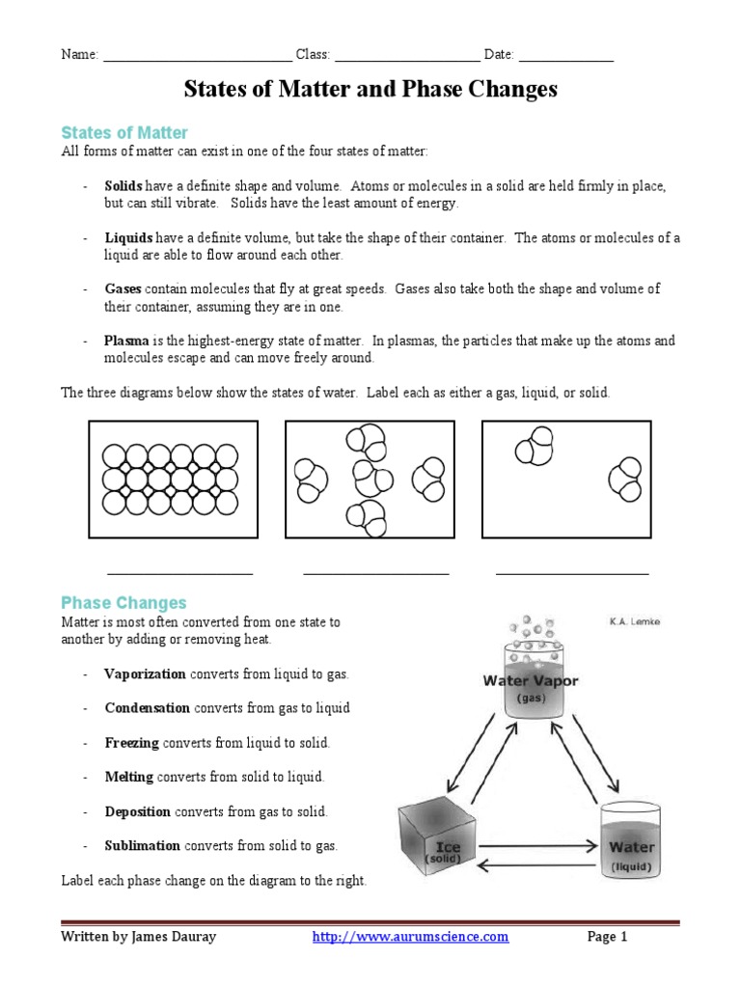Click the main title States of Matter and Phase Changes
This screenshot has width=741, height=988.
click(x=370, y=90)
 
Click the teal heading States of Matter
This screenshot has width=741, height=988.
click(x=123, y=132)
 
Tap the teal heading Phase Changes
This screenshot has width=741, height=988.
click(x=123, y=603)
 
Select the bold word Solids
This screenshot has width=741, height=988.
click(x=123, y=185)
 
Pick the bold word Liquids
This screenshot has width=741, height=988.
click(x=128, y=238)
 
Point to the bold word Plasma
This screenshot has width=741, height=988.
click(x=126, y=341)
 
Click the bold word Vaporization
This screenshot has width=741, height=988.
click(x=146, y=673)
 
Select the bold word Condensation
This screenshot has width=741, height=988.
click(x=148, y=707)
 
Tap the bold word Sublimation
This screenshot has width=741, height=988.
click(x=143, y=845)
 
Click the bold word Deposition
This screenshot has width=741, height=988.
click(x=137, y=811)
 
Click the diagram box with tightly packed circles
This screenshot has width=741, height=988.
click(x=174, y=479)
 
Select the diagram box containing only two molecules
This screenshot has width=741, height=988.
click(x=565, y=479)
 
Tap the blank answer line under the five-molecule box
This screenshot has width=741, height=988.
click(x=376, y=572)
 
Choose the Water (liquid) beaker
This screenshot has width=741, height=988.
click(x=632, y=841)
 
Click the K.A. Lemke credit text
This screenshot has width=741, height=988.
click(x=635, y=622)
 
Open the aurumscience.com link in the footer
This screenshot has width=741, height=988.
click(x=411, y=936)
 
